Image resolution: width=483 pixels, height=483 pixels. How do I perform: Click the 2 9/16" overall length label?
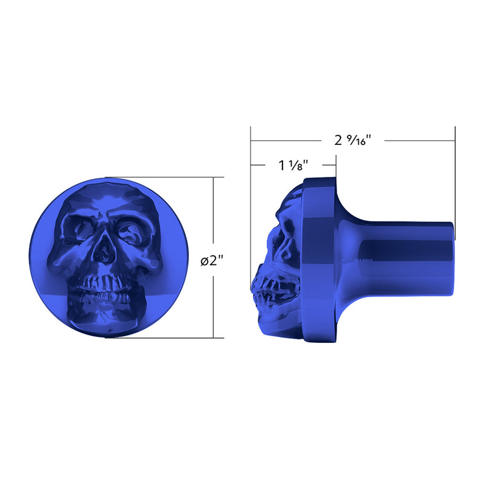coord(353,140)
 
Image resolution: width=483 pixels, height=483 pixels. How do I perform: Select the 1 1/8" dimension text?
coord(294,165)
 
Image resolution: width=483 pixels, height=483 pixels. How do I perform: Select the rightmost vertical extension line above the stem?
coord(455,181)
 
